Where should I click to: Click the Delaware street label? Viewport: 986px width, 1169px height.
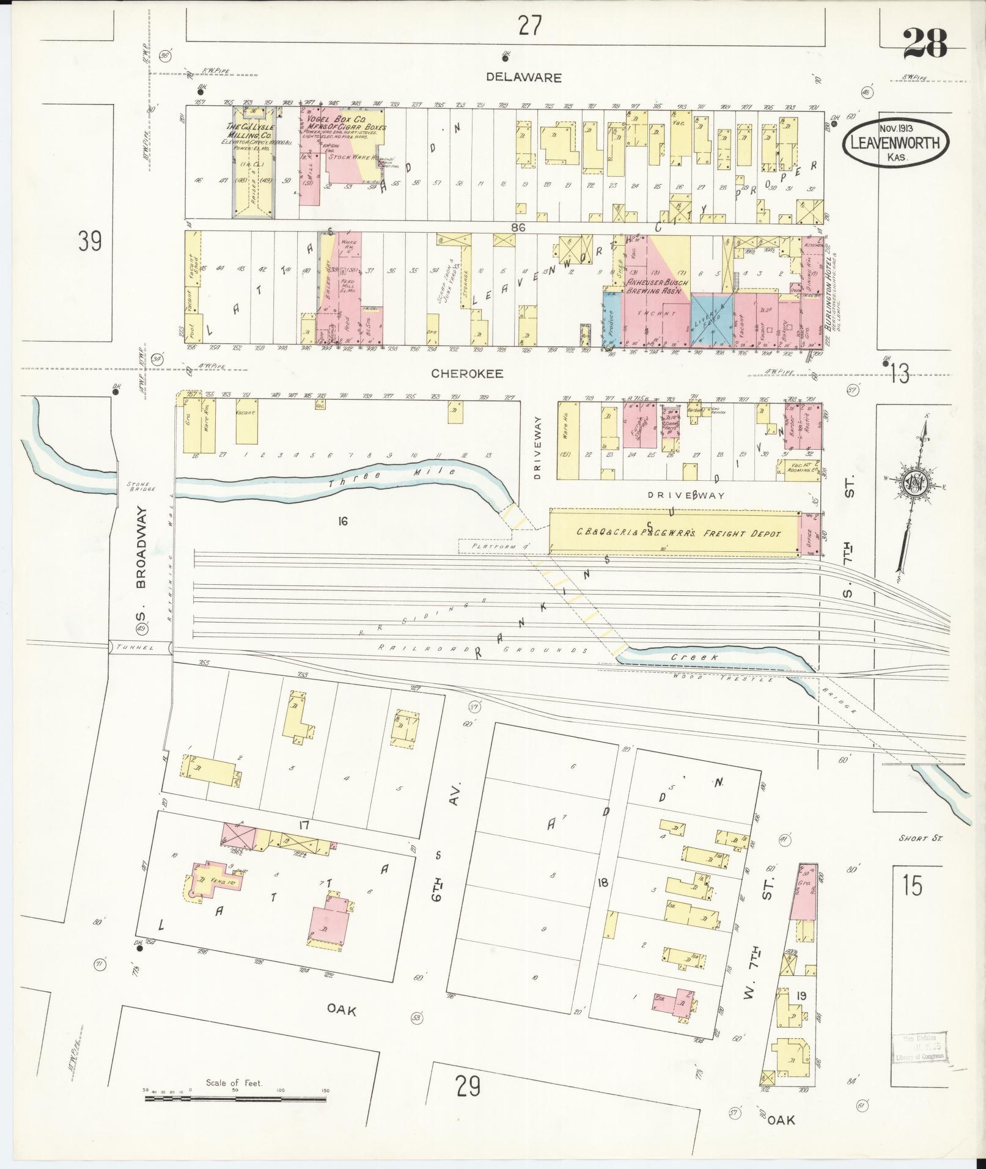coord(523,78)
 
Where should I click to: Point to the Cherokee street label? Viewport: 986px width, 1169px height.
coord(468,373)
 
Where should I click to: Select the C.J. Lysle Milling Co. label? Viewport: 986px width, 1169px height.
coord(251,130)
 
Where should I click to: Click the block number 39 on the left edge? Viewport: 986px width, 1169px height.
coord(90,242)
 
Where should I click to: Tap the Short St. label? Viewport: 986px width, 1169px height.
coord(921,838)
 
